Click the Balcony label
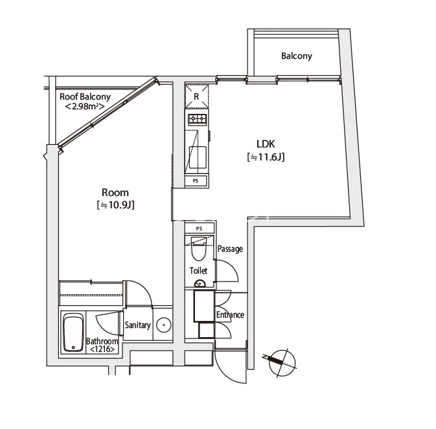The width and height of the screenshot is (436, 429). [297, 56]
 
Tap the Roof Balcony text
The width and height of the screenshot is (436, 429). [85, 96]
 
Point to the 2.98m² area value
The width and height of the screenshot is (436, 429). [85, 106]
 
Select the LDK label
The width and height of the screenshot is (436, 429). [266, 144]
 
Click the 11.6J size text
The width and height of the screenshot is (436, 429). [266, 157]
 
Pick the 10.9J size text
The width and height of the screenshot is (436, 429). [115, 205]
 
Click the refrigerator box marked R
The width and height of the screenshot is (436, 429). [196, 96]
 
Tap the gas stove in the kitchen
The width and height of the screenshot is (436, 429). [198, 120]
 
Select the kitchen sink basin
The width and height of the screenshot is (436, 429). [198, 158]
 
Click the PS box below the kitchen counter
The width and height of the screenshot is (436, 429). [196, 181]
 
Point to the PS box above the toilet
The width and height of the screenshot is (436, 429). [200, 228]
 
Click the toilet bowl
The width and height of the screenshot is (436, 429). [198, 248]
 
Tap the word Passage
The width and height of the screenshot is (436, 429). [230, 248]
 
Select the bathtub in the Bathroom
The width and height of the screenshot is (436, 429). [73, 333]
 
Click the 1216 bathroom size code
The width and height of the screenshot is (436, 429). [102, 349]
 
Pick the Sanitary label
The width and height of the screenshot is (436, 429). [137, 325]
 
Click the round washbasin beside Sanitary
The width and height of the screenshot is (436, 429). [163, 325]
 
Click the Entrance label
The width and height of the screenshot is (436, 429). [230, 314]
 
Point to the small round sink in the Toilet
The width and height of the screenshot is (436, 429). [200, 283]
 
